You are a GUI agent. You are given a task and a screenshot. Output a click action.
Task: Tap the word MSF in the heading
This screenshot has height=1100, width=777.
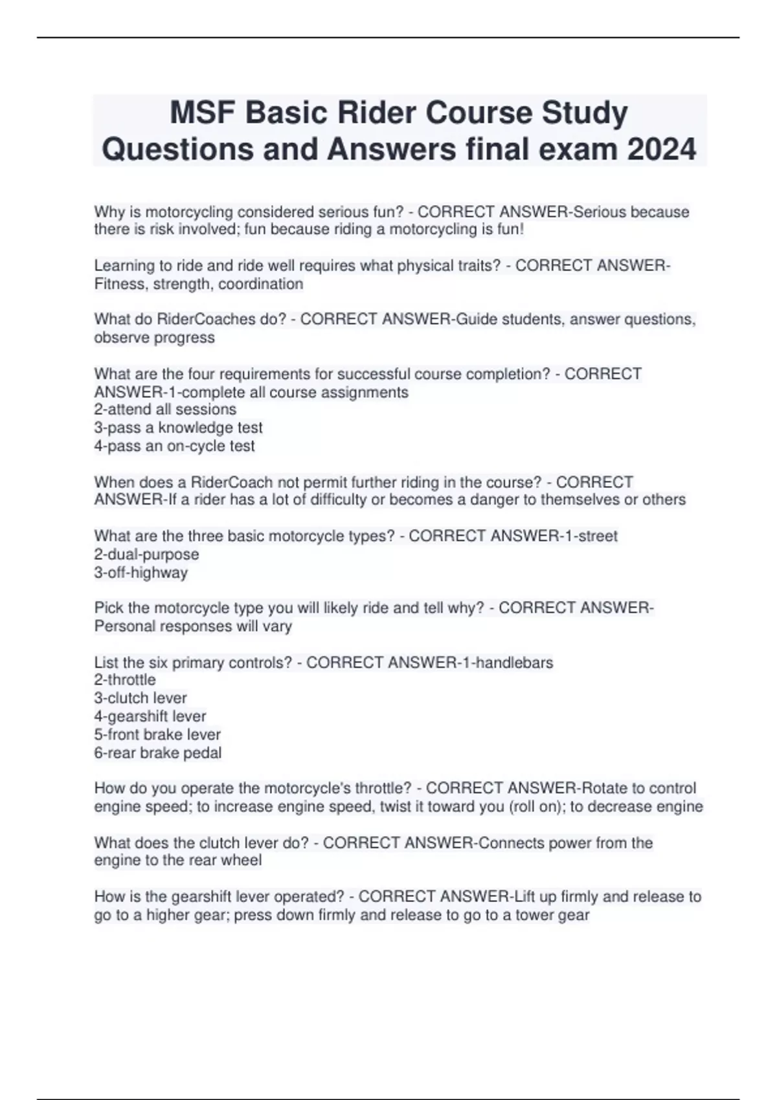pyautogui.click(x=201, y=113)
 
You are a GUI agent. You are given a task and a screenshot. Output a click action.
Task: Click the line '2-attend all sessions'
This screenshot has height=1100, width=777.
pyautogui.click(x=165, y=410)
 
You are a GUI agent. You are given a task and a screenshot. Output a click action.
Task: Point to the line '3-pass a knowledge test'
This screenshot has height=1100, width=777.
pyautogui.click(x=178, y=428)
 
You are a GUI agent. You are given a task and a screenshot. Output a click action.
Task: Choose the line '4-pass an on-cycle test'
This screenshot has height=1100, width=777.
pyautogui.click(x=174, y=446)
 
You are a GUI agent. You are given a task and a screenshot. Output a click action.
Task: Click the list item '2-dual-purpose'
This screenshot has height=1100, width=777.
pyautogui.click(x=146, y=555)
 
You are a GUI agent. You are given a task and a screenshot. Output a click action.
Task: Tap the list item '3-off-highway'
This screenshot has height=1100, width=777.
pyautogui.click(x=141, y=573)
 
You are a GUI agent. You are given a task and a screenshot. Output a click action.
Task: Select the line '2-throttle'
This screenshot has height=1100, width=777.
pyautogui.click(x=125, y=680)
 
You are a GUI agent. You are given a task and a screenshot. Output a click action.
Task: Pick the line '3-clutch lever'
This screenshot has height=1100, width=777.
pyautogui.click(x=141, y=698)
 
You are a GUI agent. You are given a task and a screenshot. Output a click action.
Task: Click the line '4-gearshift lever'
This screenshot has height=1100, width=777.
pyautogui.click(x=150, y=716)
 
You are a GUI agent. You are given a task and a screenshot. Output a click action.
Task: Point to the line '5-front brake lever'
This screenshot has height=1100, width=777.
pyautogui.click(x=157, y=734)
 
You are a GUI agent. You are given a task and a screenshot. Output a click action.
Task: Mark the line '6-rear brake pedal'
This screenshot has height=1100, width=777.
pyautogui.click(x=158, y=753)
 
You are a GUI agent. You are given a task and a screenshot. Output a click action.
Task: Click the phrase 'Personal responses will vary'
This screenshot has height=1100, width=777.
pyautogui.click(x=193, y=626)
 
